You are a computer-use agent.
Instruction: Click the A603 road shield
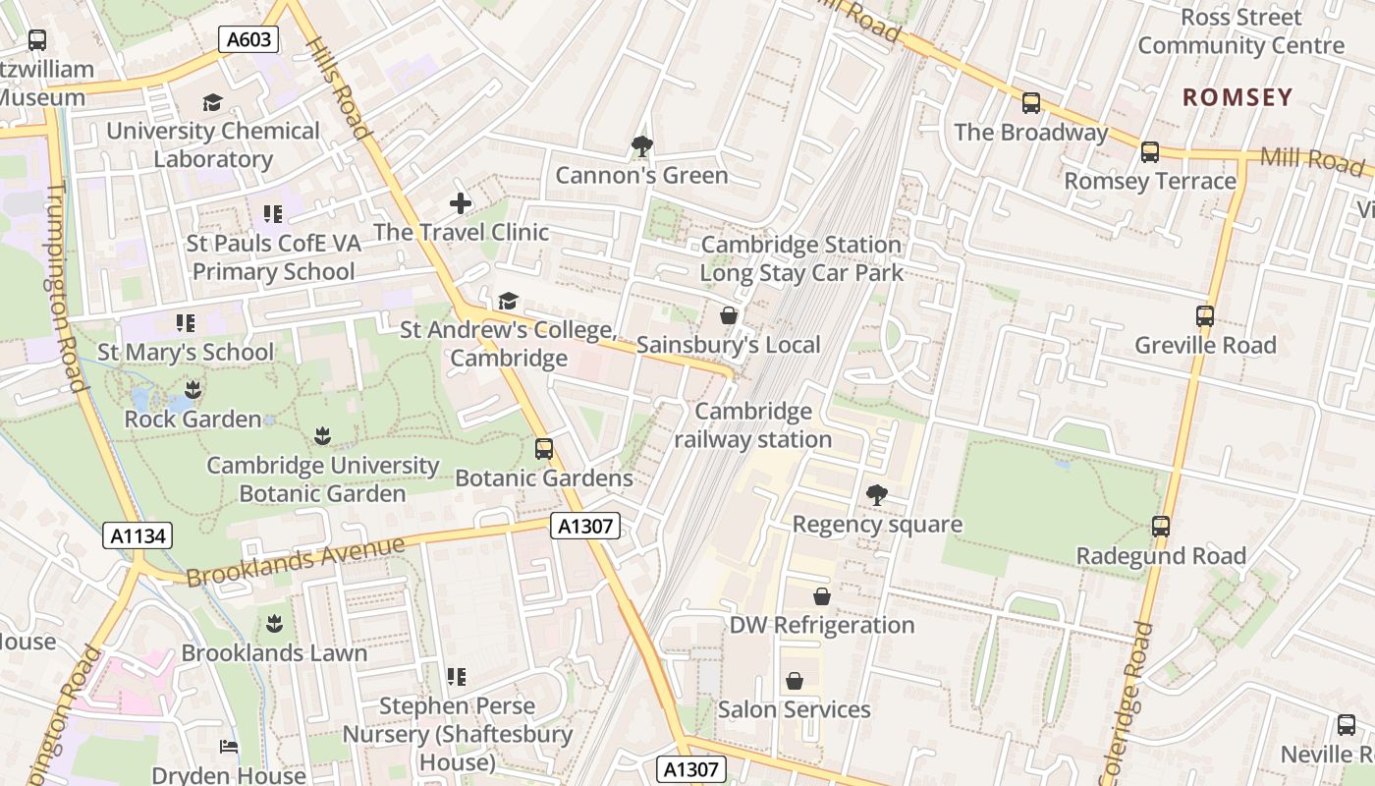tap(248, 39)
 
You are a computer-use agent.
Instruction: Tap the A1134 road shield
tap(137, 536)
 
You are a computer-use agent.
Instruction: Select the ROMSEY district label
tap(1237, 97)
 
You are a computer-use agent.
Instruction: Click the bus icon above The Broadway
tap(1031, 103)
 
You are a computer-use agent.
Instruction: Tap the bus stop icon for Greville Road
tap(1205, 316)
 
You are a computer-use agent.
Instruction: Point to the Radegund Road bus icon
tap(1161, 527)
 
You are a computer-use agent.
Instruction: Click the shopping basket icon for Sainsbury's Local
tap(729, 315)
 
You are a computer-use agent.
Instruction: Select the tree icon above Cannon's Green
tap(641, 146)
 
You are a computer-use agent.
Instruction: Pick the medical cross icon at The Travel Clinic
tap(461, 203)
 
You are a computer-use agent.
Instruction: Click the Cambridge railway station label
tap(754, 425)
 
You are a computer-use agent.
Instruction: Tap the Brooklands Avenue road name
tap(295, 561)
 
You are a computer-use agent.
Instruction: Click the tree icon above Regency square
tap(876, 495)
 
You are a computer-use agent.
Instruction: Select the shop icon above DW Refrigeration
tap(822, 596)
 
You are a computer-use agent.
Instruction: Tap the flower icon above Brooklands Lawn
tap(274, 624)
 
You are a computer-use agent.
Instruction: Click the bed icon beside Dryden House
tap(229, 747)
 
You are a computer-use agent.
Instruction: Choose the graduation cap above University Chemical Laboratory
tap(212, 102)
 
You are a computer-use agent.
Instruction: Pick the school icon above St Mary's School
tap(186, 322)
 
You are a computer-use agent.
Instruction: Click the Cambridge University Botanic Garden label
tap(322, 479)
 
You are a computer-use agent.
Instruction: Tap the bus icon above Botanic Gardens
tap(543, 449)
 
